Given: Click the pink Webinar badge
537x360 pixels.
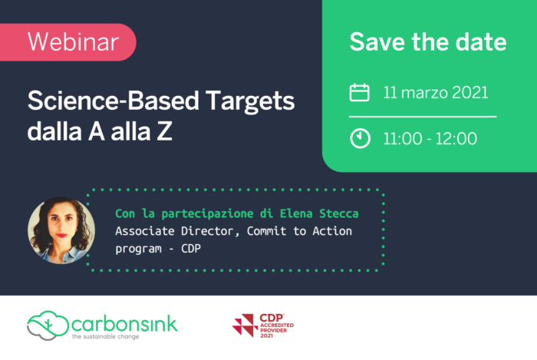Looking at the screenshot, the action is click(x=68, y=42).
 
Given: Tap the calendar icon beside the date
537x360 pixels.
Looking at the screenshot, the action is click(x=359, y=92).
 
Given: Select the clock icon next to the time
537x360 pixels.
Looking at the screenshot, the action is click(x=360, y=138).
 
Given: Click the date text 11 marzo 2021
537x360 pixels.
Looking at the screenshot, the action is click(x=435, y=92).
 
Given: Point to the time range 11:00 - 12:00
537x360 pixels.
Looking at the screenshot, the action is click(x=430, y=138).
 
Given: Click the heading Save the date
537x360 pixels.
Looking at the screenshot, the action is click(x=428, y=41).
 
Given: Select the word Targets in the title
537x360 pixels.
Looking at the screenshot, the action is click(x=250, y=102).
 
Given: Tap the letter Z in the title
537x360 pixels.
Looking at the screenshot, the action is click(x=164, y=131).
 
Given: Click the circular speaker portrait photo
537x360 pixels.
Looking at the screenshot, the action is click(x=61, y=230).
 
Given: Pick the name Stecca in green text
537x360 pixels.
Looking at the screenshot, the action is click(x=339, y=213).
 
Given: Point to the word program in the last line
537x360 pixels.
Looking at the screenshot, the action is click(x=138, y=249).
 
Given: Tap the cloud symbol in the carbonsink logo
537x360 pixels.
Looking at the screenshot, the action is click(x=48, y=325).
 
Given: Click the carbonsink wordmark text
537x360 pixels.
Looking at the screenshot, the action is click(x=124, y=324).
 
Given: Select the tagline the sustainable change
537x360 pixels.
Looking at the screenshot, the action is click(x=106, y=337).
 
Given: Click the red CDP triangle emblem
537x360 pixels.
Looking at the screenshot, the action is click(x=245, y=325).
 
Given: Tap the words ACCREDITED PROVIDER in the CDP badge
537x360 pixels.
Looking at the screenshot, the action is click(x=277, y=328).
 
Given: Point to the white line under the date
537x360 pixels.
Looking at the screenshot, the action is click(x=423, y=117).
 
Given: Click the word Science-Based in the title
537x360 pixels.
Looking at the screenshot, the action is click(x=113, y=101).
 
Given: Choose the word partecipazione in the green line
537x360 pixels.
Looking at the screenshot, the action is click(x=207, y=213).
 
